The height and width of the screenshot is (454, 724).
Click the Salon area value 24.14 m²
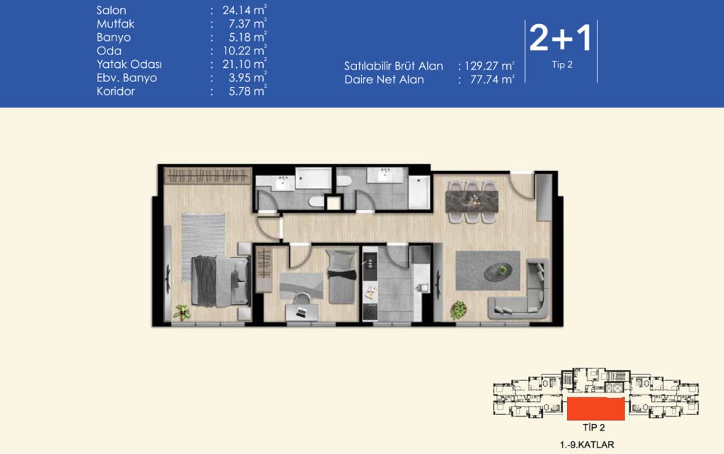click(x=244, y=10)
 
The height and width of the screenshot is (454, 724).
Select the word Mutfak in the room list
click(x=115, y=23)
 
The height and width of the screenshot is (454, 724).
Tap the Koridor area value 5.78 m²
click(x=247, y=91)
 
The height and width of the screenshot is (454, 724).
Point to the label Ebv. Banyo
click(x=127, y=78)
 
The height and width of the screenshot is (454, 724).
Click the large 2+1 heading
click(x=561, y=37)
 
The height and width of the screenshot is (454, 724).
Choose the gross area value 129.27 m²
click(x=489, y=66)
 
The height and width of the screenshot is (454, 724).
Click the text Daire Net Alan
click(x=384, y=79)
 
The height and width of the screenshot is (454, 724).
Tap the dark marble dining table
click(x=472, y=202)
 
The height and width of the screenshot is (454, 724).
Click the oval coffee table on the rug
click(x=498, y=271)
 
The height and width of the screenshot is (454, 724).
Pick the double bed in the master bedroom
click(x=221, y=281)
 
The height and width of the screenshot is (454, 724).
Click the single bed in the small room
click(x=341, y=277)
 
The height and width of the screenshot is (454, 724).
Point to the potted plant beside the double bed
click(x=182, y=312)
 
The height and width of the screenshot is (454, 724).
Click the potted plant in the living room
click(x=457, y=310)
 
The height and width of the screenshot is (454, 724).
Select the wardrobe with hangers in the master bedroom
click(x=208, y=175)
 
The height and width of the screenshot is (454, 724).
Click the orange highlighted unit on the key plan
click(x=595, y=408)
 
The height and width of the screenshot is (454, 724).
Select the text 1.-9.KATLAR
click(x=587, y=445)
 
